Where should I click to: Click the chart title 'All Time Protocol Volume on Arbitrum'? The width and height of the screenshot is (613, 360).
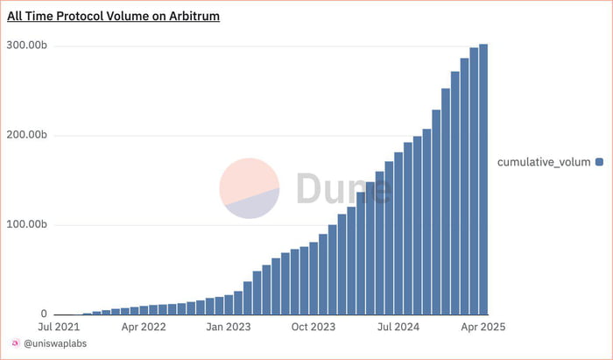113,16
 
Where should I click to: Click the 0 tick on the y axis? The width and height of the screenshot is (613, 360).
43,314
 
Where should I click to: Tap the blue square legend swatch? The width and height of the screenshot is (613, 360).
600,162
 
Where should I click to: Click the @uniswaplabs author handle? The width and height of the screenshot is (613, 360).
55,344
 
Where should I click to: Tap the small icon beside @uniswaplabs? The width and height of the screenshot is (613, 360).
15,344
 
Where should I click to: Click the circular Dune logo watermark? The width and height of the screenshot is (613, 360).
250,189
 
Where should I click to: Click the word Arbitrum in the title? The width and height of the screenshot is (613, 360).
190,16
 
